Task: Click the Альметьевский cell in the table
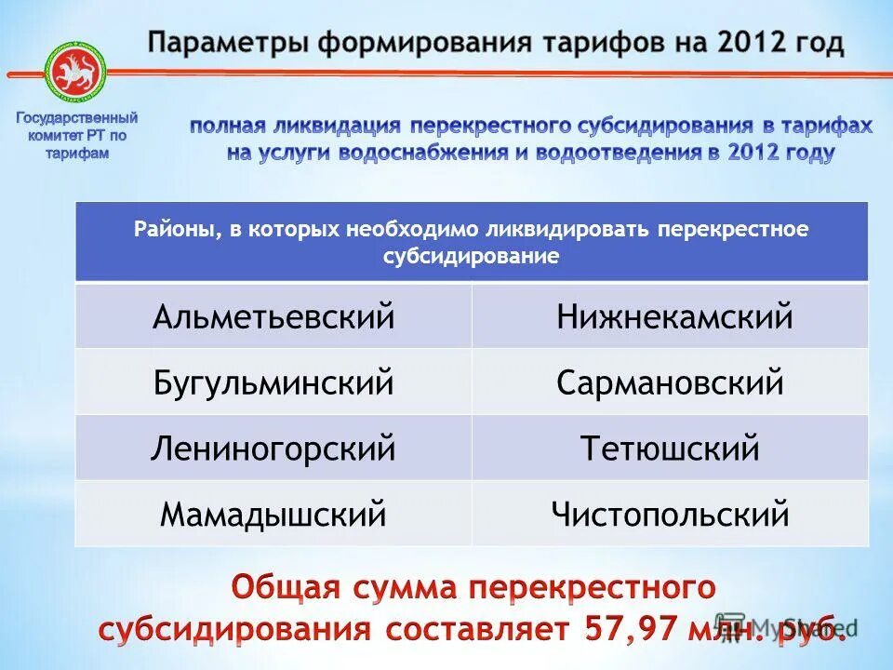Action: [x=273, y=317]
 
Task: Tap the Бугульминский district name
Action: [x=273, y=382]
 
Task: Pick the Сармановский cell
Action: [x=670, y=382]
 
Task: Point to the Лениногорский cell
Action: [x=273, y=449]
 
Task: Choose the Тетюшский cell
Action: [x=670, y=449]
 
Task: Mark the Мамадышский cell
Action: [x=273, y=514]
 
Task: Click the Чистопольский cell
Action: [x=670, y=514]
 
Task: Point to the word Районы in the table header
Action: [x=173, y=229]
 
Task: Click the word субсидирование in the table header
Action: [x=472, y=257]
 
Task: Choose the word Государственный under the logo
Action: [x=77, y=119]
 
